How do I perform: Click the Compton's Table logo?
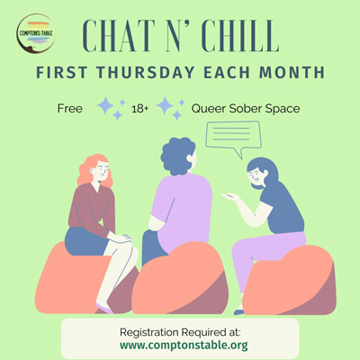pos(36,33)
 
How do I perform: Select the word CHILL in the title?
pos(240,36)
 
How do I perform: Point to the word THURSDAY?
pos(146,73)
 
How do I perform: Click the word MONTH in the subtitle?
pos(292,73)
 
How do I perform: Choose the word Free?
pos(70,108)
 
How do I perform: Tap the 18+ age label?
pos(140,109)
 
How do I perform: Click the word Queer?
pos(209,109)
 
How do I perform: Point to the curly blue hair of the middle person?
pos(177,156)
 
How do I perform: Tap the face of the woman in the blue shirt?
pos(255,176)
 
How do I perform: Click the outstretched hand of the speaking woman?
pos(230,196)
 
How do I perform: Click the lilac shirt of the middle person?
pos(181,210)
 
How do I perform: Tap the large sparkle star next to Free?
pos(105,105)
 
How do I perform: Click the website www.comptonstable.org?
pos(184,345)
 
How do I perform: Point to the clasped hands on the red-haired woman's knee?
pos(121,238)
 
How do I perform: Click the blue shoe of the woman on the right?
pos(239,312)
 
